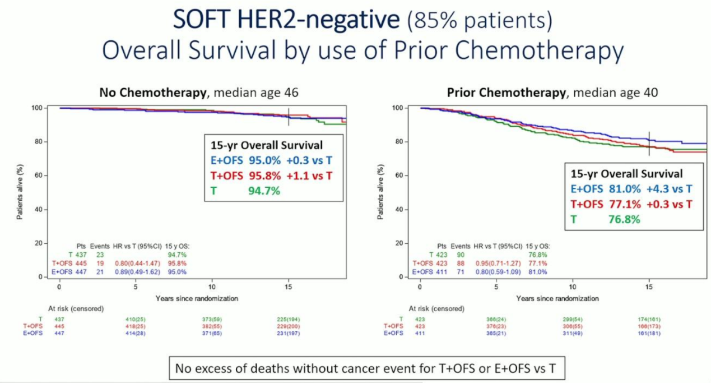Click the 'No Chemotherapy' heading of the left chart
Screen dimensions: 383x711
(152, 93)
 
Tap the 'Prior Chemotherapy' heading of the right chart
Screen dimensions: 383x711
(506, 93)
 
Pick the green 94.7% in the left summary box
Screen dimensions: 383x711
(264, 191)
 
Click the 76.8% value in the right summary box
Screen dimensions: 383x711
(624, 219)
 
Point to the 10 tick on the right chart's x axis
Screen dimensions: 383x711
(573, 286)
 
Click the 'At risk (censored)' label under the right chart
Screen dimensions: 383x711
(436, 308)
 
